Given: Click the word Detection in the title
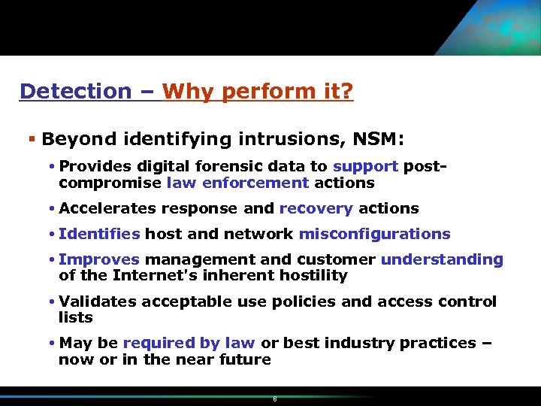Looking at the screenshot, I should click(x=75, y=92).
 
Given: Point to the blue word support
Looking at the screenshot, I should click(x=365, y=166).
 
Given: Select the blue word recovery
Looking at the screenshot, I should click(x=316, y=208).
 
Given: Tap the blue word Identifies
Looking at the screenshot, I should click(x=99, y=234).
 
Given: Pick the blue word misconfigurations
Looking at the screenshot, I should click(x=374, y=234).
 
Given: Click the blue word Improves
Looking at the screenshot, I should click(x=99, y=259).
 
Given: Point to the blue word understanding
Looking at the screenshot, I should click(x=442, y=259).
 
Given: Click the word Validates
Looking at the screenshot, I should click(x=98, y=301).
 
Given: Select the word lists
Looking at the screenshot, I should click(x=76, y=318).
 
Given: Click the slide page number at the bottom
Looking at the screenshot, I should click(x=275, y=399).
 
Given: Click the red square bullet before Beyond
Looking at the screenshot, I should click(x=31, y=139).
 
